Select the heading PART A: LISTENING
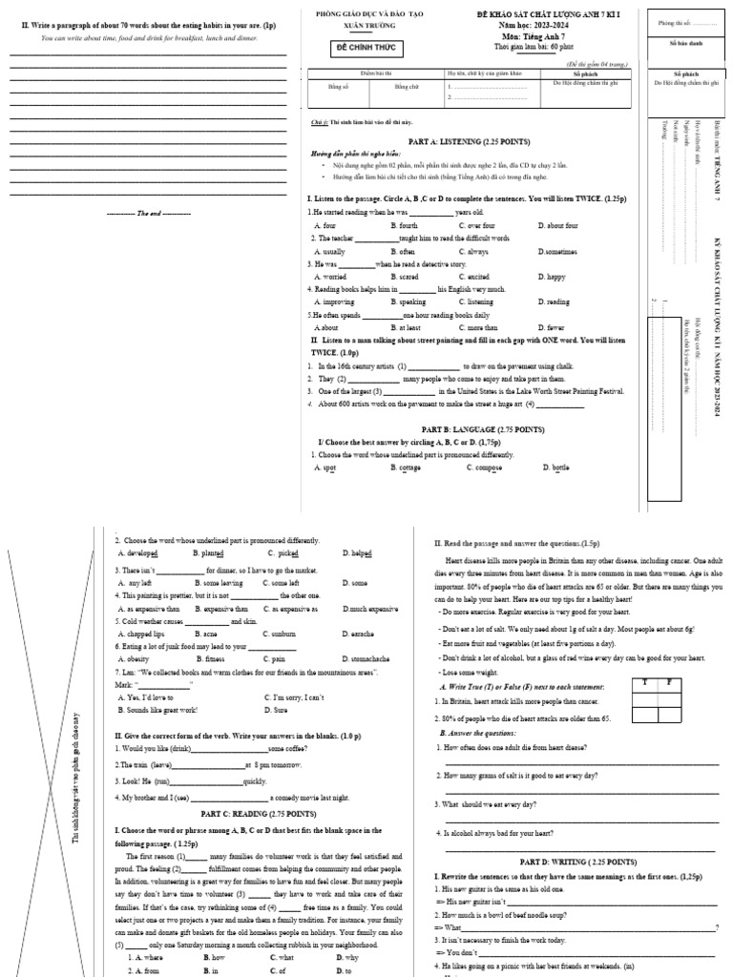[x=469, y=141]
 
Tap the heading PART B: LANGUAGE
[x=469, y=429]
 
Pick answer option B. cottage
[x=406, y=468]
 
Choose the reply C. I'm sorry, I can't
[x=296, y=697]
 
